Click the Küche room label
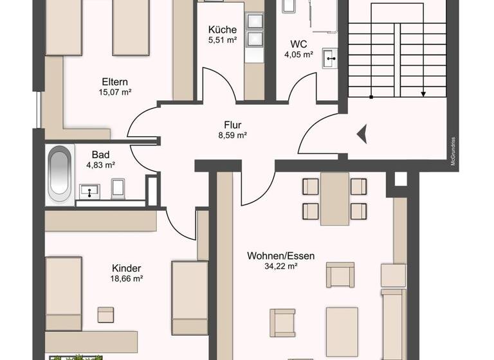(x=223, y=30)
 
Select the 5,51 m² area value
(x=223, y=40)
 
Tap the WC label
(x=298, y=44)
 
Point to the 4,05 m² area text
(x=298, y=55)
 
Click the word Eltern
(x=114, y=82)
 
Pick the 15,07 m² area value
(x=114, y=92)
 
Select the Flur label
(x=232, y=125)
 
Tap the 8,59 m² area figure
(x=232, y=135)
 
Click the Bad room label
(x=100, y=155)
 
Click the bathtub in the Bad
(x=60, y=174)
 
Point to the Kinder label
(x=126, y=268)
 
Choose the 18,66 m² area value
(x=126, y=278)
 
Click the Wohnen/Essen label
(x=281, y=255)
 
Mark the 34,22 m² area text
(x=281, y=265)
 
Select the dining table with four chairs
(x=334, y=199)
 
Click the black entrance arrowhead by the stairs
(x=361, y=134)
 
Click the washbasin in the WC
(x=331, y=58)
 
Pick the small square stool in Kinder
(x=105, y=314)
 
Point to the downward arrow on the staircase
(x=423, y=94)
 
